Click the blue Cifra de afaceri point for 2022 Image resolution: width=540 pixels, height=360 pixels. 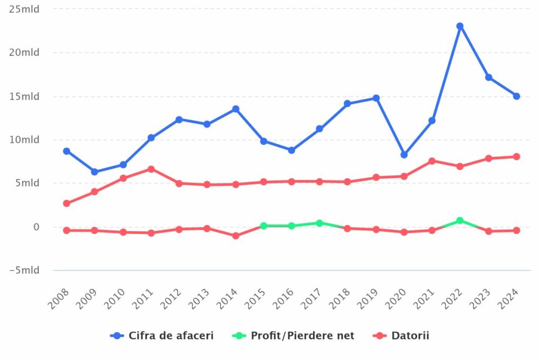(x=460, y=26)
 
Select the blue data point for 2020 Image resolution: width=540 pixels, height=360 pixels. (x=404, y=155)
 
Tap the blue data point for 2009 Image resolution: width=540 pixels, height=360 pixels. (x=94, y=172)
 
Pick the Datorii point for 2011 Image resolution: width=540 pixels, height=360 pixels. (x=151, y=169)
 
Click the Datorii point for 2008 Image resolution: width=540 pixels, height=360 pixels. (x=66, y=203)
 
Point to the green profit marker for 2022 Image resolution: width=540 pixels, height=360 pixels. (x=460, y=220)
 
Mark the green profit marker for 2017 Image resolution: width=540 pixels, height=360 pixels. (x=320, y=223)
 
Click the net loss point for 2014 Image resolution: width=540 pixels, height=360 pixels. (x=236, y=236)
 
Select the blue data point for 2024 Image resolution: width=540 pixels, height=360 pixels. (x=516, y=96)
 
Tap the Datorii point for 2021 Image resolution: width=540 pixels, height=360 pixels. (x=432, y=161)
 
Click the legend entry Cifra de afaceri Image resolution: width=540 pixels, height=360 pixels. (x=162, y=336)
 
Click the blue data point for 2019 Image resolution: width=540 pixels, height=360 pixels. (x=376, y=98)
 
